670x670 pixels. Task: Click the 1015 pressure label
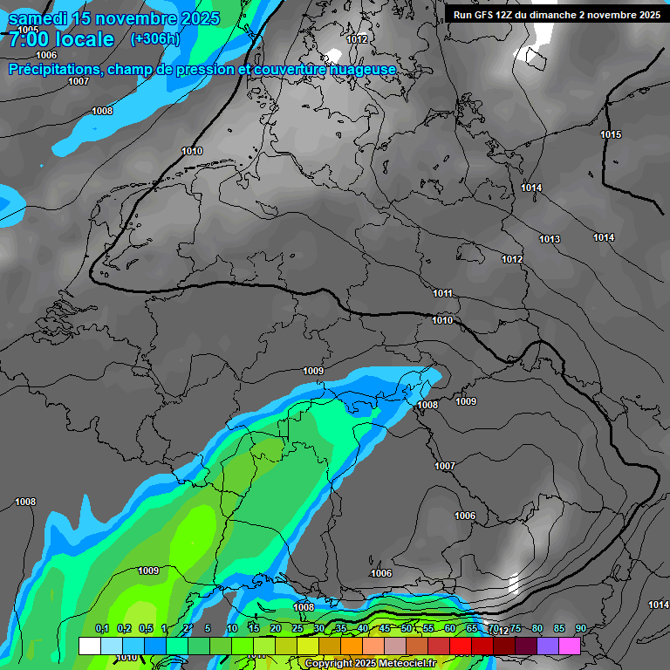(x=611, y=134)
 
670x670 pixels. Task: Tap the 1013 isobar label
(x=550, y=239)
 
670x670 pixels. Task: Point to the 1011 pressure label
(x=442, y=293)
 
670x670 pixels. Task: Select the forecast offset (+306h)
(x=154, y=39)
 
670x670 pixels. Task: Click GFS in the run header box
(x=488, y=15)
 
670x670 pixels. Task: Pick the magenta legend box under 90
(x=570, y=646)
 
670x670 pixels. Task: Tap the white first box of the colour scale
(x=89, y=646)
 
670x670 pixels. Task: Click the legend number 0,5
(x=146, y=628)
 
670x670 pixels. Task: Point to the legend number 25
(x=297, y=628)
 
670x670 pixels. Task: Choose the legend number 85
(x=558, y=628)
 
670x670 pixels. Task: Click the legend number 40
(x=363, y=628)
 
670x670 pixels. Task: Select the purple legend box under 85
(x=548, y=646)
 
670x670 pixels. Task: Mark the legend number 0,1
(x=102, y=628)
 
